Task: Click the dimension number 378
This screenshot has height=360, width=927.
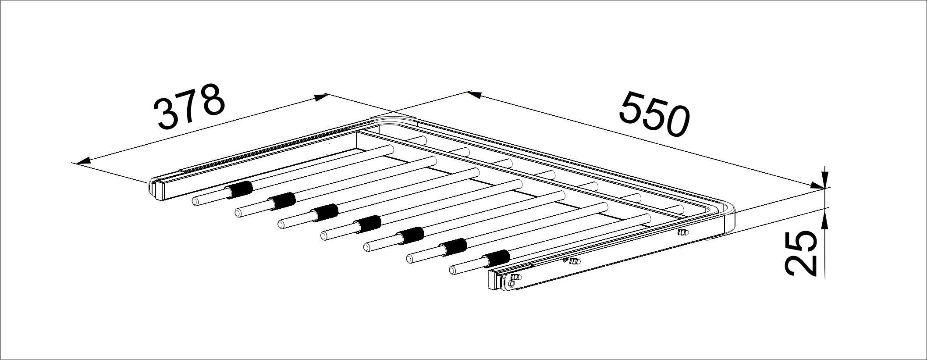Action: point(189,107)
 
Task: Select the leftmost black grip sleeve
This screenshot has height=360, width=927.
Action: point(238,189)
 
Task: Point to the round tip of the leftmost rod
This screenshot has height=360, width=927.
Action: point(195,202)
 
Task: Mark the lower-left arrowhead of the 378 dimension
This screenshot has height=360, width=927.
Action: point(83,161)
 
